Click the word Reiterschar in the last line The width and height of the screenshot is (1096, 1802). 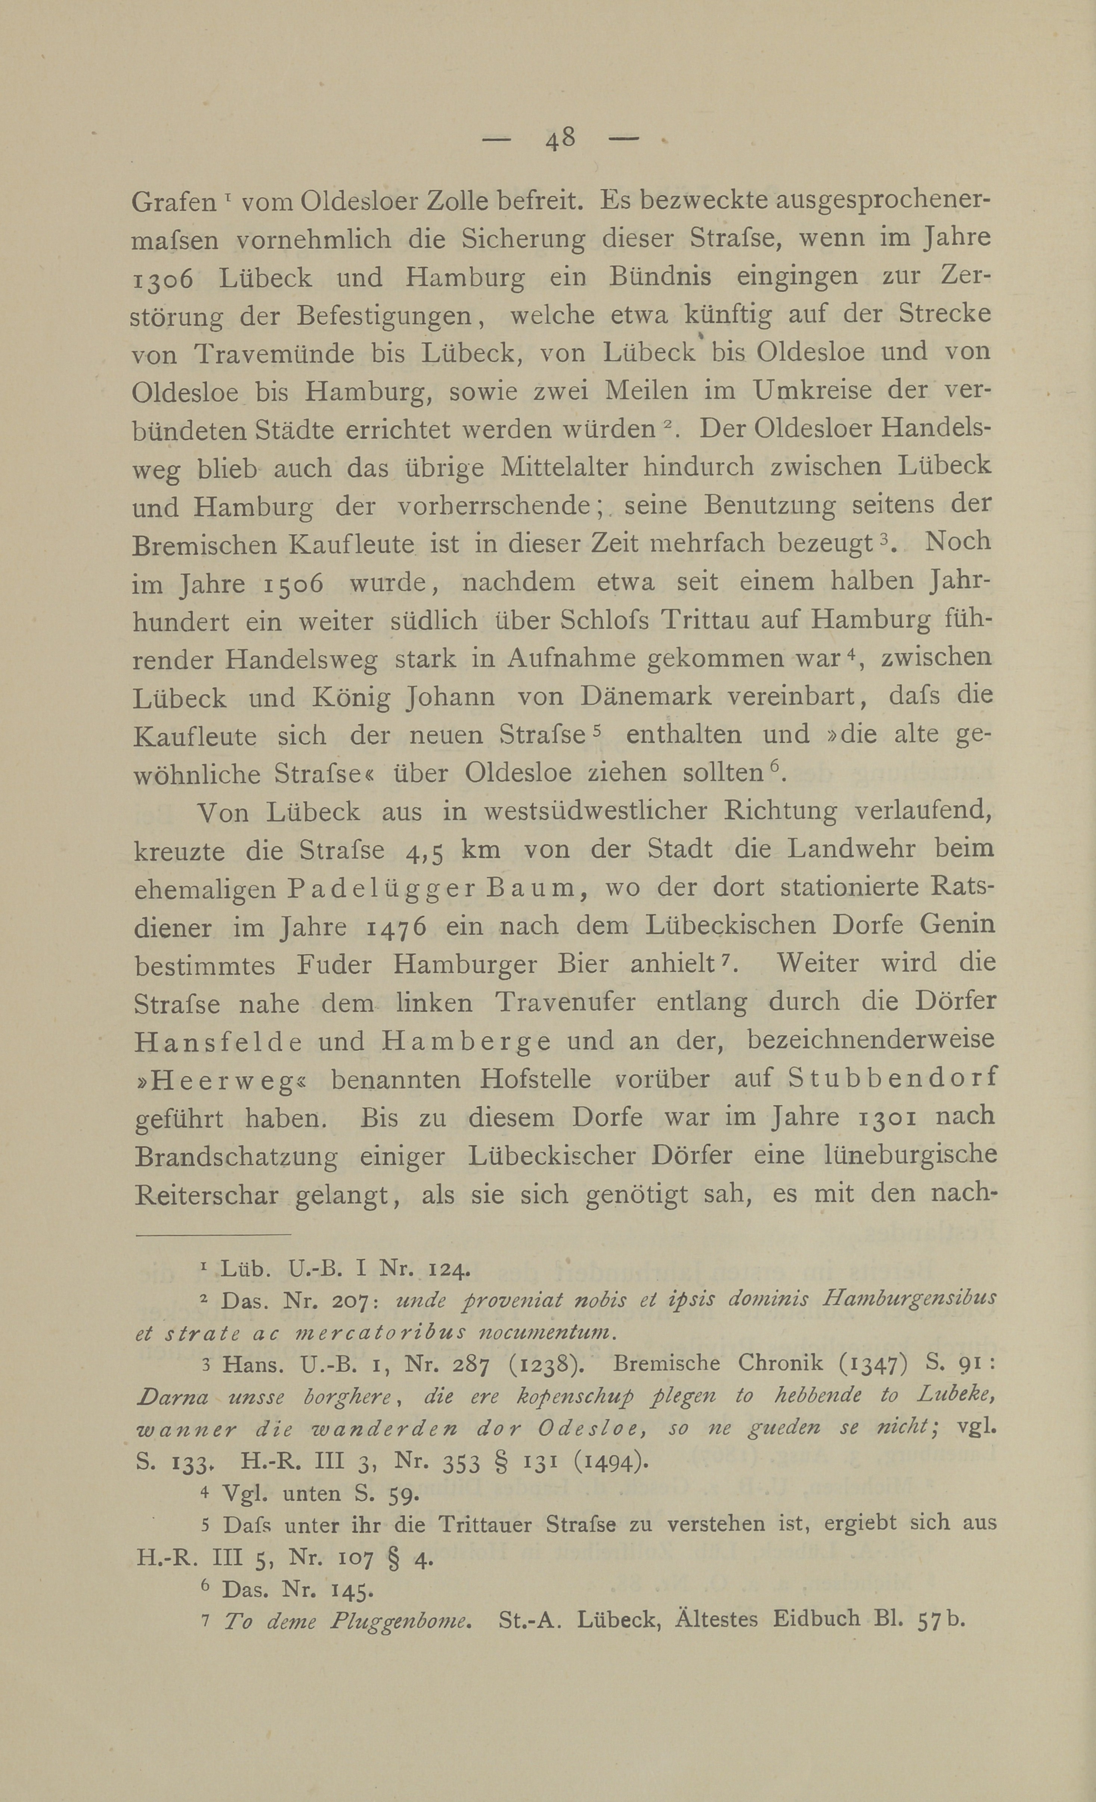(x=206, y=1195)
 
